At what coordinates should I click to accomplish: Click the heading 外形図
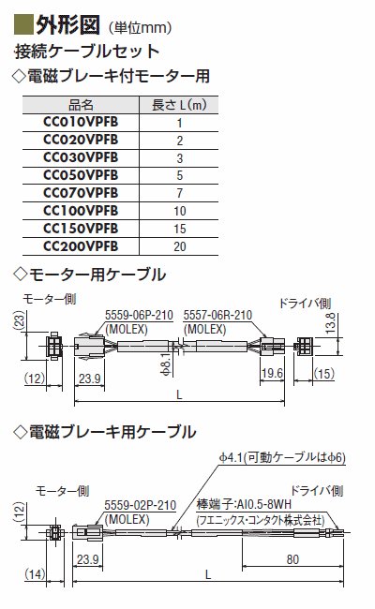point(68,25)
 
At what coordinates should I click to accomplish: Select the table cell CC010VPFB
point(81,122)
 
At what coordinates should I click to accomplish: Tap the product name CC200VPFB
point(81,246)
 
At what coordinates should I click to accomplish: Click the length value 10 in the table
point(180,211)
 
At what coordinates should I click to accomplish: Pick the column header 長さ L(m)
point(179,105)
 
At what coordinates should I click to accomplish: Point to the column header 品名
point(81,105)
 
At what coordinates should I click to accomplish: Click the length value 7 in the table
point(180,193)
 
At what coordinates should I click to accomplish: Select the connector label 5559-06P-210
point(139,315)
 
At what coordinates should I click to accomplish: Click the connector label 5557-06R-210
point(217,315)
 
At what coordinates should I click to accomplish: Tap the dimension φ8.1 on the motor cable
point(166,364)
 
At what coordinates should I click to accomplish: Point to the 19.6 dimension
point(272,373)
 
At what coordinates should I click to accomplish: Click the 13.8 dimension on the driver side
point(330,322)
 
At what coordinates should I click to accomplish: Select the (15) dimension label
point(323,374)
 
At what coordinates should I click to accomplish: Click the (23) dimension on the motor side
point(20,320)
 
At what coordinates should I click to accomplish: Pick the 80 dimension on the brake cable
point(292,559)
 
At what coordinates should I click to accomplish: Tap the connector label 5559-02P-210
point(141,505)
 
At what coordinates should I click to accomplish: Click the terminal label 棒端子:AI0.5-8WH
point(244,504)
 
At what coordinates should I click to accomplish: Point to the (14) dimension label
point(35,573)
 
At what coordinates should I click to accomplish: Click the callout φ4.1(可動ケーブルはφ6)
point(282,457)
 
